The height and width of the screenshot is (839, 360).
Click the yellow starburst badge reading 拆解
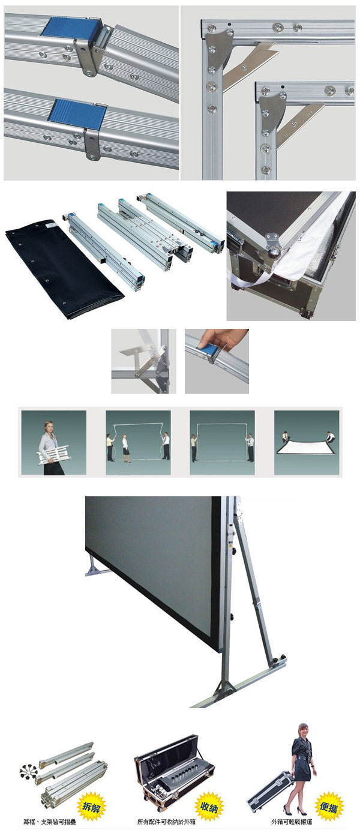(91, 806)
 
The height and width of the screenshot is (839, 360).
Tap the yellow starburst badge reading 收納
(209, 806)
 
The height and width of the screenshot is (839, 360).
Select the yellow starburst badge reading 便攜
(329, 806)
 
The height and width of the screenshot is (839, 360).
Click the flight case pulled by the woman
(270, 791)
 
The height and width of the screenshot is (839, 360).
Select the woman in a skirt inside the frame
(125, 448)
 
